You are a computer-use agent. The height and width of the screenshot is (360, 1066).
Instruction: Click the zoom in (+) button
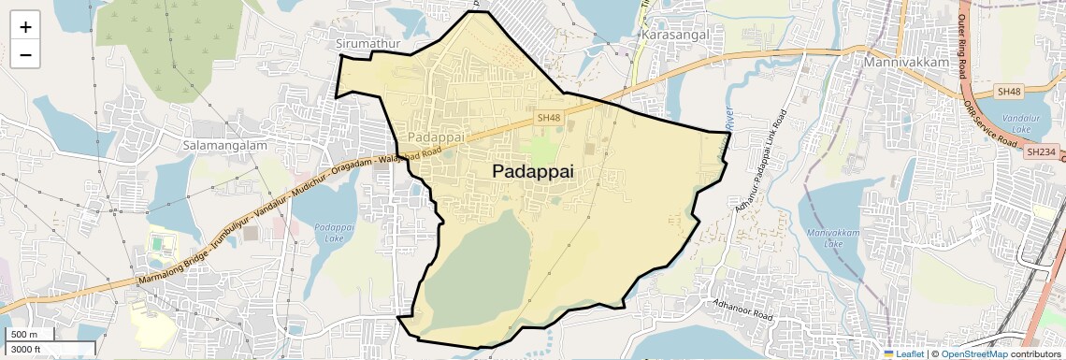pos(25,26)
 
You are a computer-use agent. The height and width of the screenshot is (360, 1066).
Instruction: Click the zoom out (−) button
pos(25,54)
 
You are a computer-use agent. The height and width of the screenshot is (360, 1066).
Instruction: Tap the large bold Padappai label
pos(532,172)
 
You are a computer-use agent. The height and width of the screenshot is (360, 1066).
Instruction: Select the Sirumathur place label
pos(367,44)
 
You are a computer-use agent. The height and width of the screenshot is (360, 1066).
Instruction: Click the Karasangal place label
pos(676,35)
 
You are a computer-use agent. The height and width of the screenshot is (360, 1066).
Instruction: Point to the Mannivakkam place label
pos(906,63)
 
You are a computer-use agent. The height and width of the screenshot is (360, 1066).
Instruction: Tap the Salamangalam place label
pos(225,146)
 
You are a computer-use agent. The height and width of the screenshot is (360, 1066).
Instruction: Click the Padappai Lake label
pos(334,233)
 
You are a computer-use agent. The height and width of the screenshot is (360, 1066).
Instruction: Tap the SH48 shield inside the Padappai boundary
pos(549,117)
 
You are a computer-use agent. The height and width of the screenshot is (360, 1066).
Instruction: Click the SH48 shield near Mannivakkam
pos(1008,92)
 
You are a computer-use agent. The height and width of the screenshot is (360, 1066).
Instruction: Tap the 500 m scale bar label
pos(25,335)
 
